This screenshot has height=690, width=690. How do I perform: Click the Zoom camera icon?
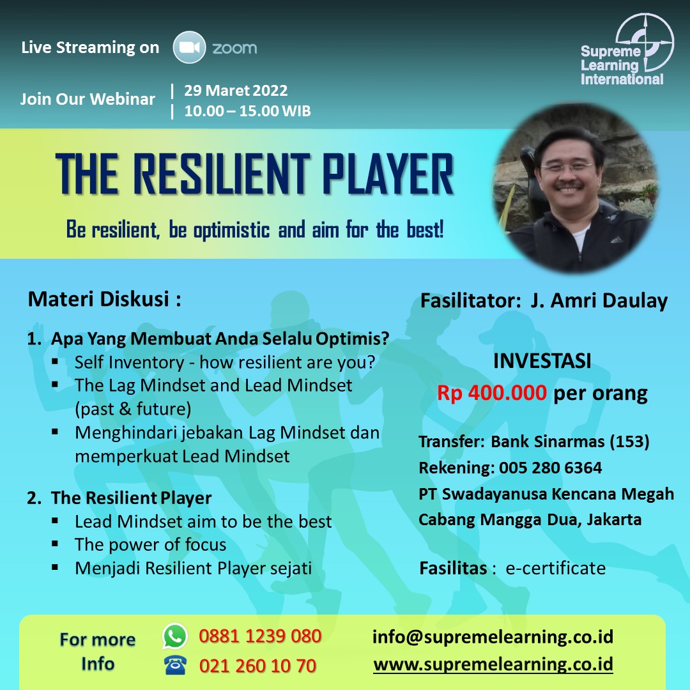click(189, 47)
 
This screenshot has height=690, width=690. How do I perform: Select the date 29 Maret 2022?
click(236, 90)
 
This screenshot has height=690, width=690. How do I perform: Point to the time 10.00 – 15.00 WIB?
click(247, 111)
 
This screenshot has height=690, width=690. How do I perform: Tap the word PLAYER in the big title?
click(388, 174)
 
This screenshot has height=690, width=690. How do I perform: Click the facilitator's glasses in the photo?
click(567, 167)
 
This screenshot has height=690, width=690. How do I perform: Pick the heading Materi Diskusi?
click(105, 299)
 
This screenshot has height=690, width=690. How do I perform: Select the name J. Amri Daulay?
click(599, 301)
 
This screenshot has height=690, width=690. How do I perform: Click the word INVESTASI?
click(542, 361)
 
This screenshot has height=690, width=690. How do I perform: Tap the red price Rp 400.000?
click(491, 392)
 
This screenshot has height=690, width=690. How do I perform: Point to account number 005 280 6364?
click(550, 467)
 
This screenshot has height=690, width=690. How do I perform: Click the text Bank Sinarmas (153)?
click(570, 441)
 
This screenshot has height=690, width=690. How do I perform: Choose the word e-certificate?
click(555, 568)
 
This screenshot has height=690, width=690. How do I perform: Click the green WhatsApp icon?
click(174, 636)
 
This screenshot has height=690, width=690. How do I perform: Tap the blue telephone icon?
click(175, 665)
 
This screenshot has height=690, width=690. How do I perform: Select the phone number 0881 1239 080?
click(260, 636)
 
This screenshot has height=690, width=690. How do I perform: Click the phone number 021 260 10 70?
click(257, 666)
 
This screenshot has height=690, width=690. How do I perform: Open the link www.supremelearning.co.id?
click(493, 664)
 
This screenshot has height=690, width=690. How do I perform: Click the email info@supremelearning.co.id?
click(493, 637)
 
